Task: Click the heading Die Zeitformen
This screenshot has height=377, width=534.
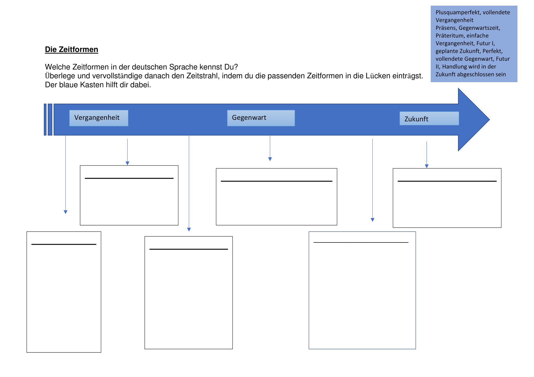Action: click(x=72, y=50)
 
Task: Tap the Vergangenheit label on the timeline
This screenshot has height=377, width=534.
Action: click(x=97, y=118)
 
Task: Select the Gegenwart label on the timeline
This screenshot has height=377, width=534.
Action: click(x=249, y=118)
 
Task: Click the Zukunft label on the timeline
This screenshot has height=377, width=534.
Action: click(x=416, y=119)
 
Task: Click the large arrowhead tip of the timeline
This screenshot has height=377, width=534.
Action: click(x=489, y=120)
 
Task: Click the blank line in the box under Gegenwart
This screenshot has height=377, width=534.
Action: click(x=277, y=181)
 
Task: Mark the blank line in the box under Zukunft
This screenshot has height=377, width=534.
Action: click(x=447, y=181)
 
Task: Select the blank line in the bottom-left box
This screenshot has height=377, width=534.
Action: click(x=64, y=244)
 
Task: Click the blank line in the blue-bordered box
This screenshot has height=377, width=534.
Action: click(x=361, y=242)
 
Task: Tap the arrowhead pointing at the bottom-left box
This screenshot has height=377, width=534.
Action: click(x=65, y=212)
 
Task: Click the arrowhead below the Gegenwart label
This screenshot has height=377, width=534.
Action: click(x=270, y=159)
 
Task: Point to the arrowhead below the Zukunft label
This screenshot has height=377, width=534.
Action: click(x=427, y=166)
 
